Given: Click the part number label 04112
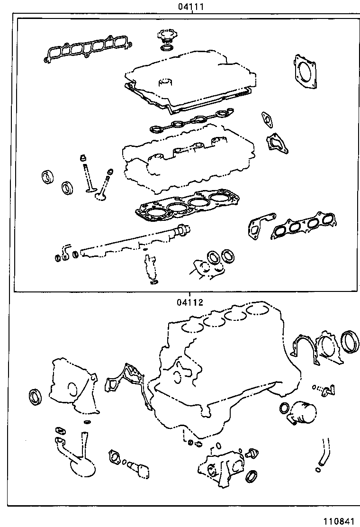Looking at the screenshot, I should coord(190,302).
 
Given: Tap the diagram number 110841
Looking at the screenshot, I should coord(339,521).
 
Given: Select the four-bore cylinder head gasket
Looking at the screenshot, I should coord(189,205).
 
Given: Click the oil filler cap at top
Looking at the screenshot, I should coord(167,37).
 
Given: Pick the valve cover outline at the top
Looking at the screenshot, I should coord(189,83).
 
